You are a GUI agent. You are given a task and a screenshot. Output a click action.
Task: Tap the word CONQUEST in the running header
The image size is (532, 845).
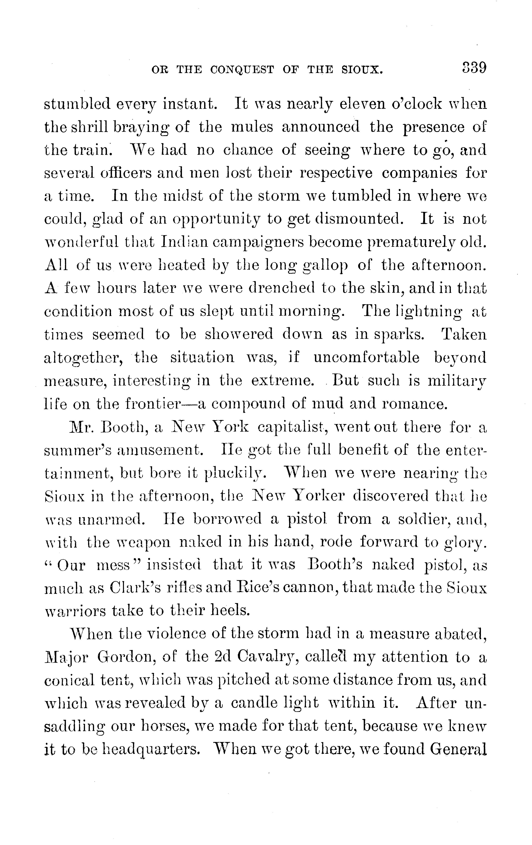tap(242, 70)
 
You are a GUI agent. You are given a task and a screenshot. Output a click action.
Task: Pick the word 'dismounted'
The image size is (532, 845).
tap(357, 219)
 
